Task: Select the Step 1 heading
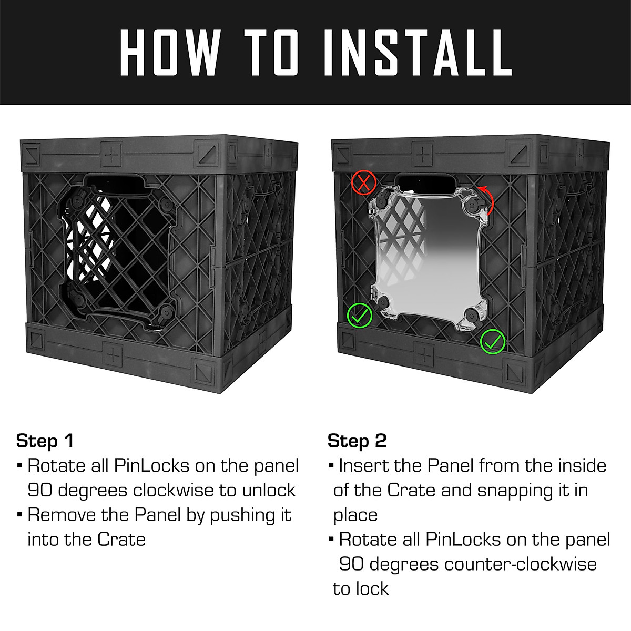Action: tap(45, 441)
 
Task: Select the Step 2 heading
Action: tap(357, 441)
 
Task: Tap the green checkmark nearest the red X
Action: tap(360, 315)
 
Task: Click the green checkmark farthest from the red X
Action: tap(493, 342)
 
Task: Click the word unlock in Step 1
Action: tap(269, 490)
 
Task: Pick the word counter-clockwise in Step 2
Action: tap(521, 564)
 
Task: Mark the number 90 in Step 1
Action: tap(40, 490)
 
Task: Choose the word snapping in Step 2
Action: tap(515, 490)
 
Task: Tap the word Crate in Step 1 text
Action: tap(121, 540)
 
